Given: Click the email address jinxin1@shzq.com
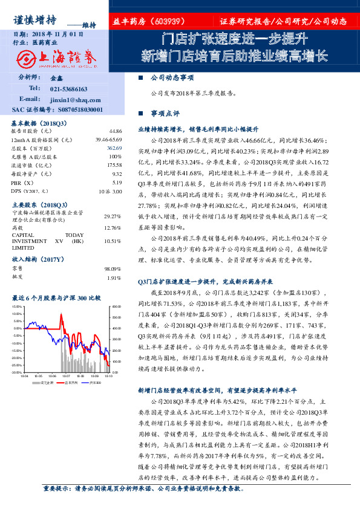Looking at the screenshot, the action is pyautogui.click(x=68, y=99).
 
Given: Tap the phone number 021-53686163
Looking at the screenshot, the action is pyautogui.click(x=68, y=88).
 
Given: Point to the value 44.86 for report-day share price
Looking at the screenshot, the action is pyautogui.click(x=114, y=131).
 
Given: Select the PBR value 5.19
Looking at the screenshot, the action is pyautogui.click(x=117, y=182).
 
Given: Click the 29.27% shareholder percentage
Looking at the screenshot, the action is pyautogui.click(x=113, y=216).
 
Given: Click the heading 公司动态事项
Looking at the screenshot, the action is pyautogui.click(x=172, y=78).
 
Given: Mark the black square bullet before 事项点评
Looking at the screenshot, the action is pyautogui.click(x=140, y=112).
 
